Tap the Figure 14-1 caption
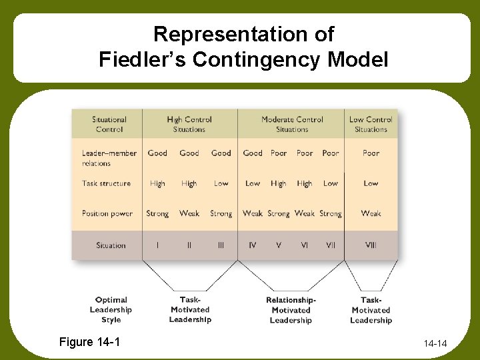click(x=90, y=342)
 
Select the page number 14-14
click(x=435, y=344)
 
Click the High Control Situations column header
click(x=189, y=124)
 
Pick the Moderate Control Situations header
click(x=292, y=124)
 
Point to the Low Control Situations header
click(x=371, y=124)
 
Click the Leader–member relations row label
click(x=109, y=158)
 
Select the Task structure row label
click(x=107, y=183)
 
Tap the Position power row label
click(x=107, y=213)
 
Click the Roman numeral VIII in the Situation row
click(x=371, y=245)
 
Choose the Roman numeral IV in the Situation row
click(x=252, y=245)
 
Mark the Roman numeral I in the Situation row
click(x=157, y=245)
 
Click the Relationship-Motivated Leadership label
click(x=291, y=310)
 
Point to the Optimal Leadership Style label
click(x=111, y=310)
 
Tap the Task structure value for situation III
click(x=221, y=183)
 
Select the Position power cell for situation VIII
click(x=371, y=213)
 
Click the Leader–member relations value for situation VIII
click(x=371, y=153)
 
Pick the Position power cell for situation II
click(x=189, y=213)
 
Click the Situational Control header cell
click(x=109, y=124)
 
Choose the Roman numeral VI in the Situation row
click(x=305, y=245)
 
